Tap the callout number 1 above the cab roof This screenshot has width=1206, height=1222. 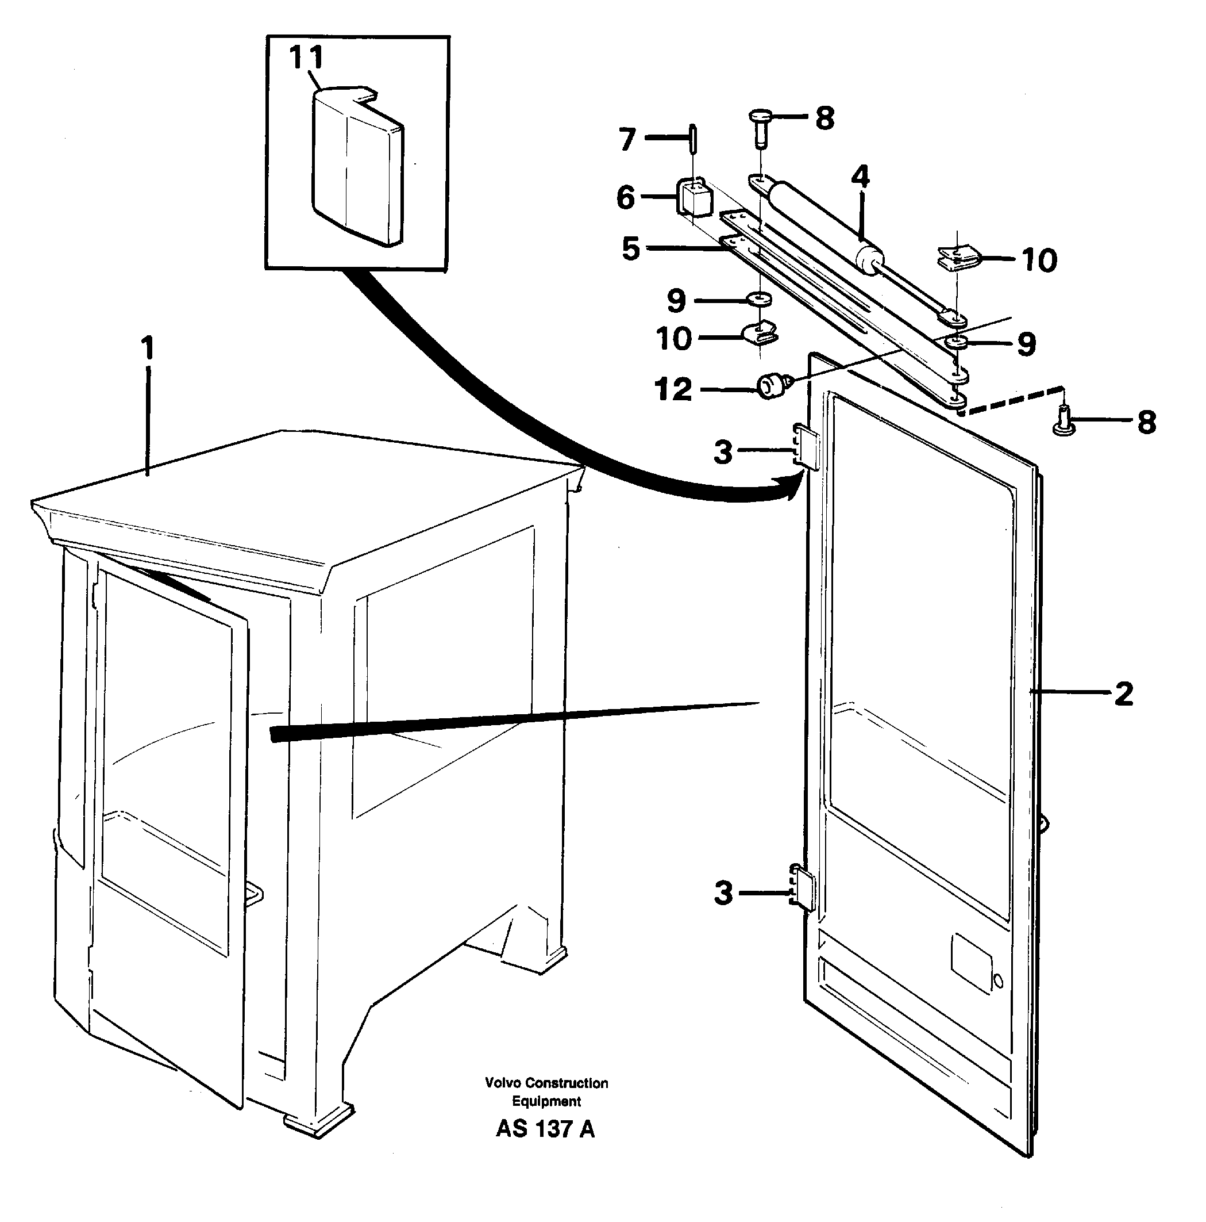point(147,348)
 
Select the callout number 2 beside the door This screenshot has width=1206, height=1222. point(1123,694)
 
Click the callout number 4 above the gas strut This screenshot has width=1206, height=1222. point(860,177)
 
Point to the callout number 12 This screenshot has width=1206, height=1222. point(674,390)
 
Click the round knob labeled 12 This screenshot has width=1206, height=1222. point(770,386)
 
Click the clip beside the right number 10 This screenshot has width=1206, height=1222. point(958,258)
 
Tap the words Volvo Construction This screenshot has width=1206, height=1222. point(546,1083)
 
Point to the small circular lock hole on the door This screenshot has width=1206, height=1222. point(998,981)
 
